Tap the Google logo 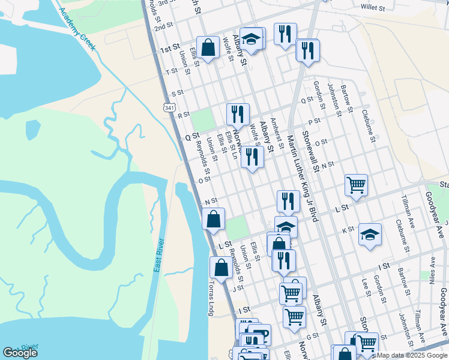pyautogui.click(x=20, y=353)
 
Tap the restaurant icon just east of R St pyautogui.click(x=238, y=113)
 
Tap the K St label pyautogui.click(x=348, y=230)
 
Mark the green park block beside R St pyautogui.click(x=203, y=119)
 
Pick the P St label pyautogui.click(x=315, y=121)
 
